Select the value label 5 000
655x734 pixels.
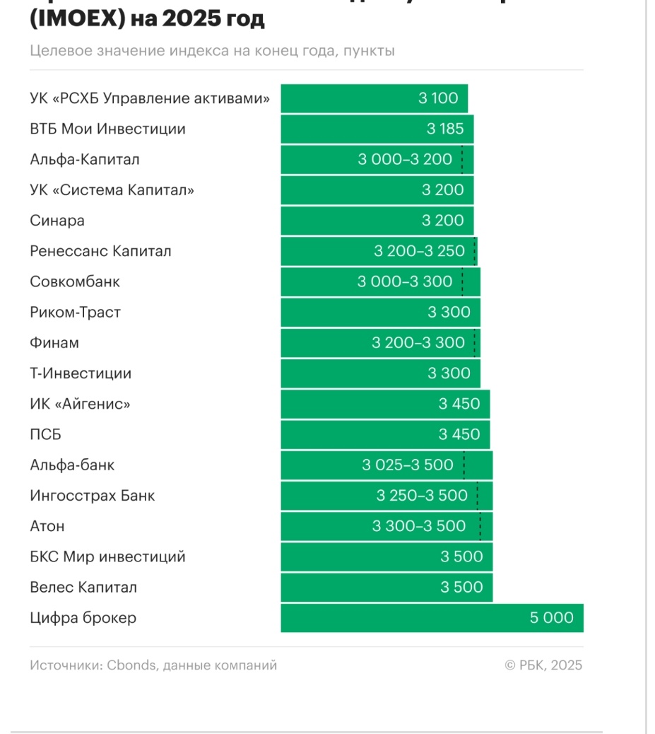pos(551,618)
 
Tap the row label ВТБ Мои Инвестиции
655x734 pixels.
pos(107,129)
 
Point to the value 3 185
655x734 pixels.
pos(445,129)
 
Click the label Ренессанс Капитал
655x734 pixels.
pos(100,251)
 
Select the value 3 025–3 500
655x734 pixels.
pos(408,465)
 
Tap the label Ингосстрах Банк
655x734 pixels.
pos(92,496)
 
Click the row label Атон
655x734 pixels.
pos(47,526)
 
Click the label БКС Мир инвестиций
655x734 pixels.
pos(107,557)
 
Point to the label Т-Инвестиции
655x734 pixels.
pos(81,373)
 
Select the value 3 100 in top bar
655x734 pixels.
pos(438,98)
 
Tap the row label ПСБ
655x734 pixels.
pos(45,434)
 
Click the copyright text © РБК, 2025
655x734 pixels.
pos(543,665)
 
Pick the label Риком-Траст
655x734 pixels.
pos(75,312)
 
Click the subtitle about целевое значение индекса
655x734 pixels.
pos(212,51)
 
